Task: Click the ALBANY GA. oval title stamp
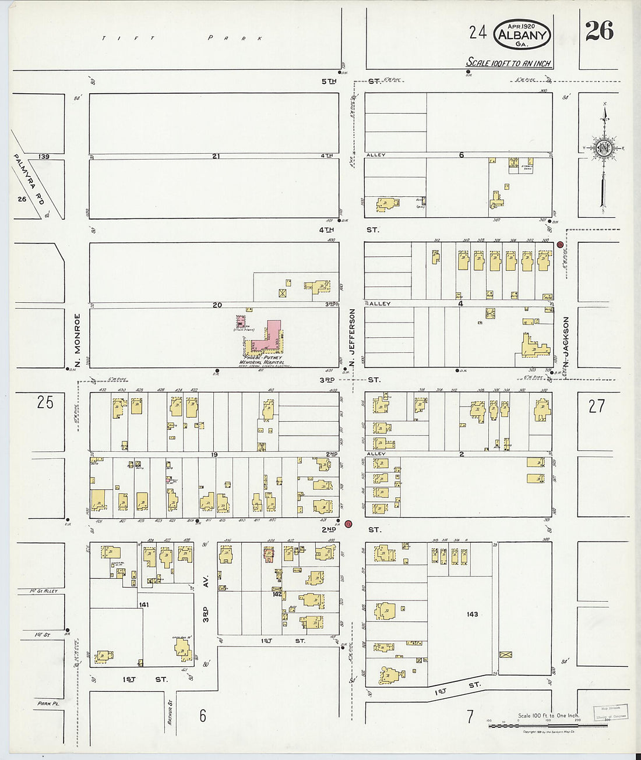tap(522, 34)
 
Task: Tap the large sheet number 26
tap(599, 31)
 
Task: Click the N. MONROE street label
tap(77, 340)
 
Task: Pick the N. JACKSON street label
tap(566, 341)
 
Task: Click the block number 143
tap(472, 614)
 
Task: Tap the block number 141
tap(144, 605)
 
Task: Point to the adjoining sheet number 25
tap(45, 402)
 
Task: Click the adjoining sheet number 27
tap(596, 406)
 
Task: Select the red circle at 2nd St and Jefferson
tap(348, 524)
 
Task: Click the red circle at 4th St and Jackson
tap(560, 245)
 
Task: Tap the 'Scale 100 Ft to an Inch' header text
tap(509, 63)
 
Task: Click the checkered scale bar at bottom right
tap(548, 726)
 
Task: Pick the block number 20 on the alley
tap(217, 305)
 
